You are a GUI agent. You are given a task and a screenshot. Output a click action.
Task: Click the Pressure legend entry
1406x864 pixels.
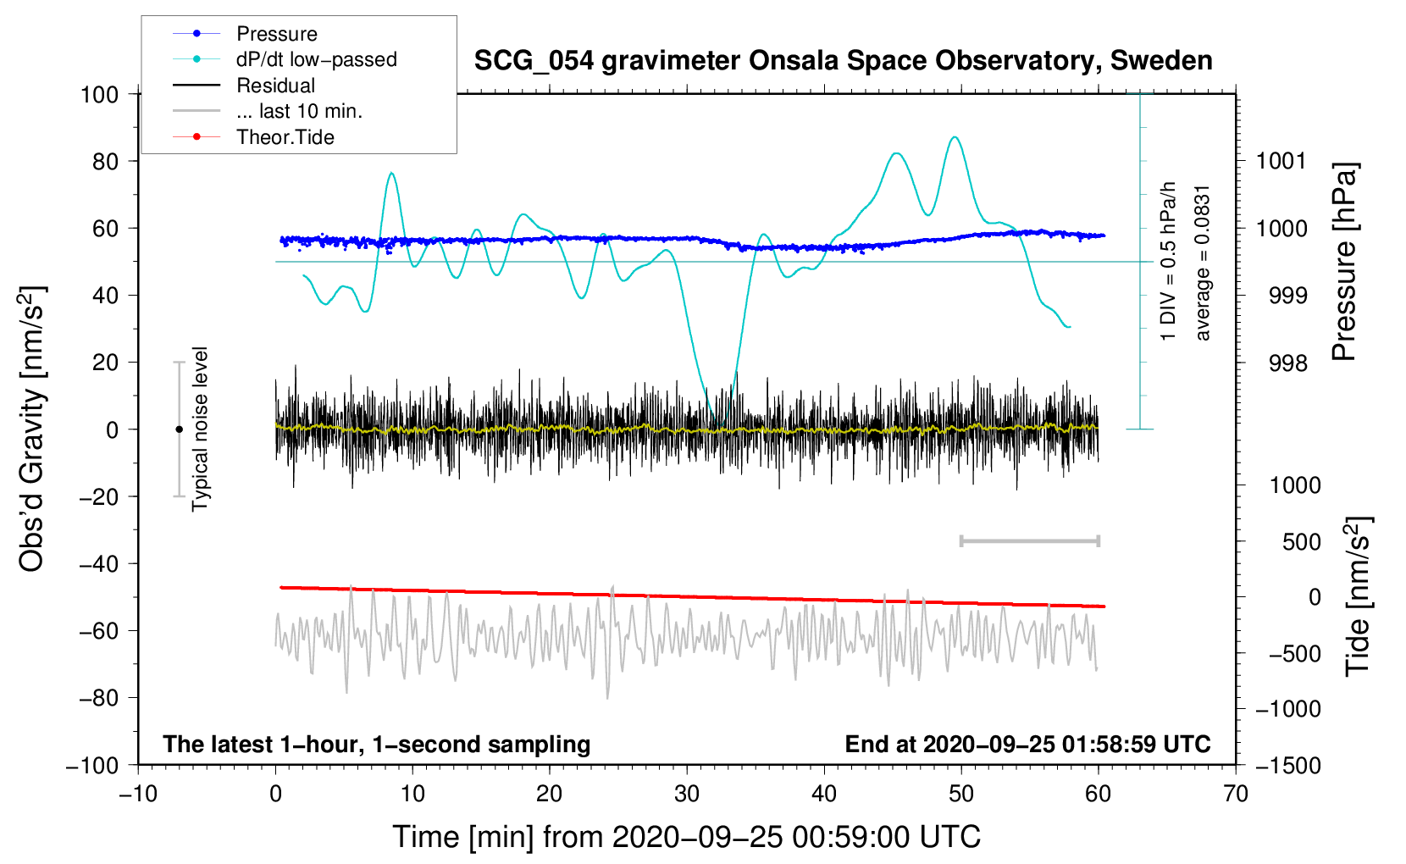click(x=276, y=34)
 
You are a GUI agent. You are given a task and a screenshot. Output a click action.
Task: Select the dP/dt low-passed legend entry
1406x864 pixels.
click(x=316, y=59)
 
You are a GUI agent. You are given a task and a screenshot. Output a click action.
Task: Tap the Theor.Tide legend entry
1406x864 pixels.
click(x=285, y=137)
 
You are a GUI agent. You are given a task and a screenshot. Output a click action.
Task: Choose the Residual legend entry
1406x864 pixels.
click(x=275, y=86)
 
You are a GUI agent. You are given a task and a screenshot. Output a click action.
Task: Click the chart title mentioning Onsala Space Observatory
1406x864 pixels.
click(x=843, y=61)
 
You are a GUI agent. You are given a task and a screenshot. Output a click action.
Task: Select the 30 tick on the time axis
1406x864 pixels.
click(x=687, y=794)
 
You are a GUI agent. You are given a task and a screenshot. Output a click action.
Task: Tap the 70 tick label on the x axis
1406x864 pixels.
click(x=1236, y=794)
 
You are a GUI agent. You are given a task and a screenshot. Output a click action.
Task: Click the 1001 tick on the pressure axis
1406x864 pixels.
click(x=1281, y=161)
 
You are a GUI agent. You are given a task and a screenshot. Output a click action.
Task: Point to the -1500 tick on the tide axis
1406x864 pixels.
click(x=1288, y=766)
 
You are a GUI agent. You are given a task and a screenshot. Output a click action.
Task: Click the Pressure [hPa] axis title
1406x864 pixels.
click(x=1344, y=263)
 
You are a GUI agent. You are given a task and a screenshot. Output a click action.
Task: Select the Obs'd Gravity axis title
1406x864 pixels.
click(x=32, y=429)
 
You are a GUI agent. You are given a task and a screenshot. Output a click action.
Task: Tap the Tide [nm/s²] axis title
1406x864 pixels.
click(x=1358, y=595)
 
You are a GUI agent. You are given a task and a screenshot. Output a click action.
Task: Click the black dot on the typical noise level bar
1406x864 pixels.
click(x=179, y=429)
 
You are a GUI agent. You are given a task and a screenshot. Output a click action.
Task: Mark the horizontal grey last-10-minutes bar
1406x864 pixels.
click(x=1029, y=541)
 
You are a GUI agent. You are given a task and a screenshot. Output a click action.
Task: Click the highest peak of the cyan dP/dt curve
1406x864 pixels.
click(x=955, y=137)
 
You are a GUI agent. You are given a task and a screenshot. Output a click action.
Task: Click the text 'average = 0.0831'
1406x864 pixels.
click(x=1203, y=263)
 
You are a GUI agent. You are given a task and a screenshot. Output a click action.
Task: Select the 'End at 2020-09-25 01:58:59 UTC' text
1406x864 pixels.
click(x=1027, y=745)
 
